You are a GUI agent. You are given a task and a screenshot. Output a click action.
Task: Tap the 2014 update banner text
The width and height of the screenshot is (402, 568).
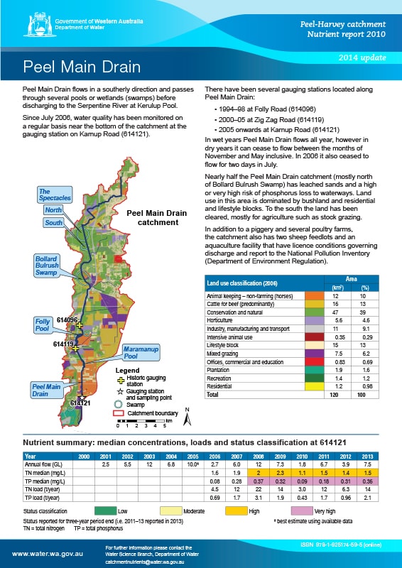click(x=366, y=55)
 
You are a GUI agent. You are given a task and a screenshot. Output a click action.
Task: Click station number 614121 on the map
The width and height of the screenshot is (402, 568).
click(x=80, y=403)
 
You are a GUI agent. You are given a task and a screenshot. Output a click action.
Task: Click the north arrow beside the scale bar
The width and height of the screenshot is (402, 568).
click(x=186, y=418)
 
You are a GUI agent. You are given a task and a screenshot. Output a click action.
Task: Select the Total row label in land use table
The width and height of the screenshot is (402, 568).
click(x=212, y=393)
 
